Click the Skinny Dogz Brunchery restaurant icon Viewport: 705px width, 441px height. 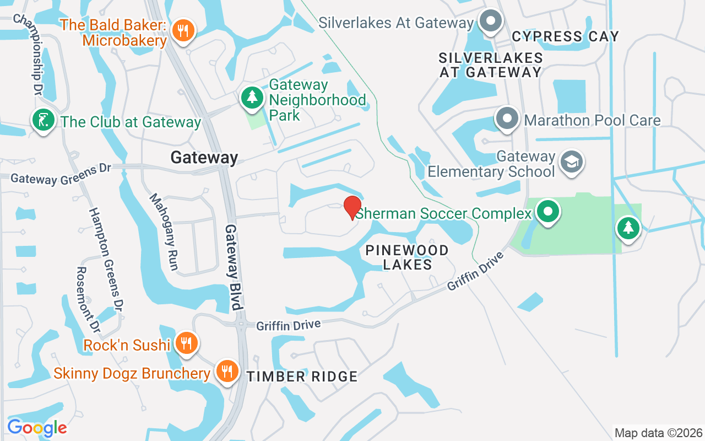226,371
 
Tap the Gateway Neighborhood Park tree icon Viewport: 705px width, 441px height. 252,98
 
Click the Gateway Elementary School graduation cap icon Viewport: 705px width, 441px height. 572,162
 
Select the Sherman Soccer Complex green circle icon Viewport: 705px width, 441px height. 547,212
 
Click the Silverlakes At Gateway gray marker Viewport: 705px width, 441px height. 490,22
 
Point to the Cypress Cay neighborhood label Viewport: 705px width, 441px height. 565,37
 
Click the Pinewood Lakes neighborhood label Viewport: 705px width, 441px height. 407,257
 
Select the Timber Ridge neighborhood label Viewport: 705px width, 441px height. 302,377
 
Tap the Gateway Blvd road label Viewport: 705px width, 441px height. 234,267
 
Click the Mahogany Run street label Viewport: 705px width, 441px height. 164,232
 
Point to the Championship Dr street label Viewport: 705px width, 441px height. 34,52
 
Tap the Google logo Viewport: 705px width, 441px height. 37,427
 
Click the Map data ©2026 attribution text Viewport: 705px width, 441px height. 659,433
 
